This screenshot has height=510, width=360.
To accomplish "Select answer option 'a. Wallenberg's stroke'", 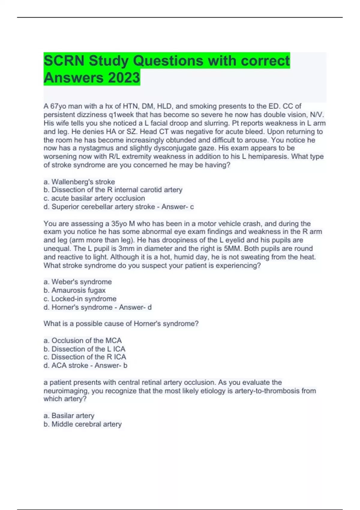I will click(x=79, y=182).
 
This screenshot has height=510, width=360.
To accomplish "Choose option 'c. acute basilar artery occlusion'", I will click(x=94, y=198).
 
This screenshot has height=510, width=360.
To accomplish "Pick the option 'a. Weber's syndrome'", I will click(x=78, y=282).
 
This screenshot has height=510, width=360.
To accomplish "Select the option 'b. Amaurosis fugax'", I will click(x=75, y=290).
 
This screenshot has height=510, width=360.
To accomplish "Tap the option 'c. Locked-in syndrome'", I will click(x=80, y=299).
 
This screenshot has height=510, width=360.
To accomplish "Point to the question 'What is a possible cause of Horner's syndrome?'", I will click(x=121, y=324).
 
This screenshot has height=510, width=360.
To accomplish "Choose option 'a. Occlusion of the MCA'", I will click(x=82, y=340).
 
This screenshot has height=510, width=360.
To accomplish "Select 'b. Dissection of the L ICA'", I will click(x=84, y=349).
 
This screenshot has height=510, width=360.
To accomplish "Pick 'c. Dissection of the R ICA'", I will click(x=85, y=357).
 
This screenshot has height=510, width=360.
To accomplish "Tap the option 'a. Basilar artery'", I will click(x=69, y=415).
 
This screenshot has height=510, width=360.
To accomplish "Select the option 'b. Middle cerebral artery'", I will click(x=82, y=424).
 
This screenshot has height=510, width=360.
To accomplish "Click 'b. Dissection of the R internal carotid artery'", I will click(x=113, y=190).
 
